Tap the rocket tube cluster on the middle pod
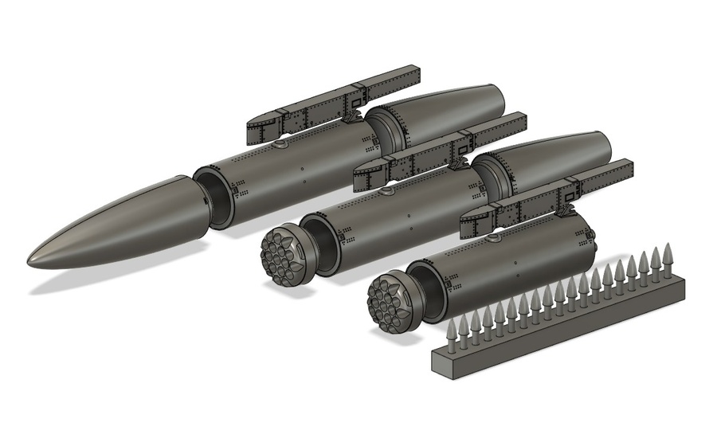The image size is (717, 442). point(280,251)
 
